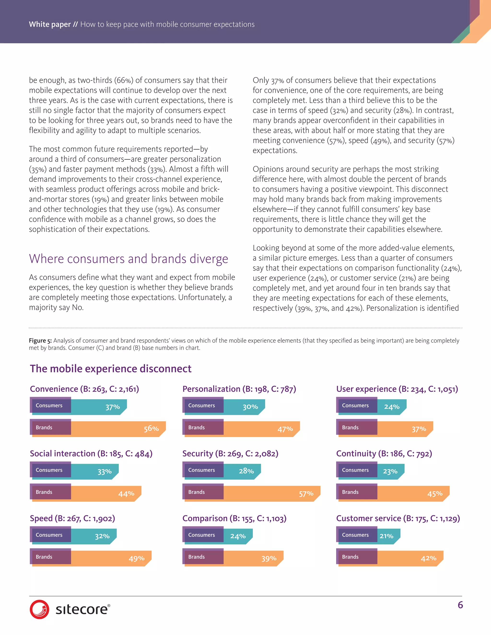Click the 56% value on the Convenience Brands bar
pyautogui.click(x=151, y=429)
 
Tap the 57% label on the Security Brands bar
pyautogui.click(x=306, y=493)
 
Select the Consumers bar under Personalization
pyautogui.click(x=224, y=406)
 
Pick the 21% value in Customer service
pyautogui.click(x=386, y=536)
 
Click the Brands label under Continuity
pyautogui.click(x=350, y=492)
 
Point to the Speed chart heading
pyautogui.click(x=72, y=518)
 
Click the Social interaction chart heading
pyautogui.click(x=91, y=454)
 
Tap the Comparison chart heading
pyautogui.click(x=234, y=518)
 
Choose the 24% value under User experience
pyautogui.click(x=392, y=407)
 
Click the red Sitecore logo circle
pyautogui.click(x=39, y=609)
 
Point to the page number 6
pyautogui.click(x=460, y=605)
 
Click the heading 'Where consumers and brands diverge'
pyautogui.click(x=128, y=259)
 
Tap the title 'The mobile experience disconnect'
pyautogui.click(x=111, y=369)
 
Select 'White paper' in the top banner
pyautogui.click(x=50, y=24)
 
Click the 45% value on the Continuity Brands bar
pyautogui.click(x=435, y=494)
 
